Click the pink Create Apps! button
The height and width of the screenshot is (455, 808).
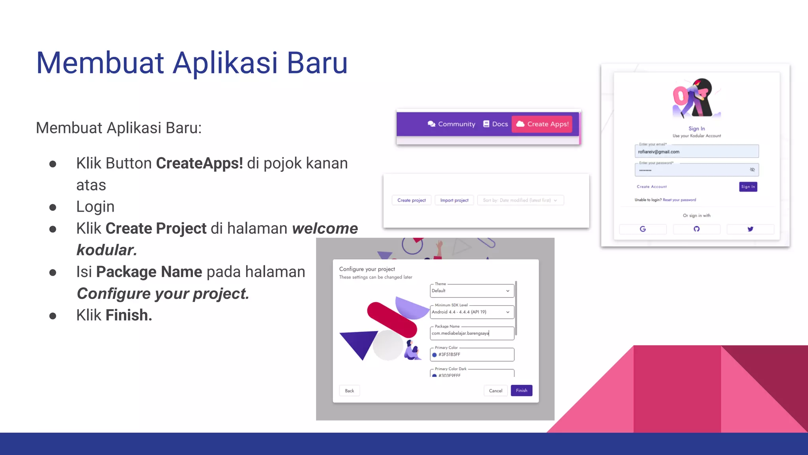(542, 124)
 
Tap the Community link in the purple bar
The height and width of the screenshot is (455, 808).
(451, 124)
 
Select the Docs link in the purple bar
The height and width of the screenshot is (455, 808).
(496, 124)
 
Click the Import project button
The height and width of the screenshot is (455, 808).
(454, 200)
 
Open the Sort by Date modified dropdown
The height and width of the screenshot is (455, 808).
(520, 200)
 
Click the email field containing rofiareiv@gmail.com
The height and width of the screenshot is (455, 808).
(696, 152)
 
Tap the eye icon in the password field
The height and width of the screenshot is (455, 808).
(752, 170)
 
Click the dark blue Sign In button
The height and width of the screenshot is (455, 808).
(748, 187)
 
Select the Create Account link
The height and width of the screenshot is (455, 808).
(651, 187)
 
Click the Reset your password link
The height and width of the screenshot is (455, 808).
(679, 200)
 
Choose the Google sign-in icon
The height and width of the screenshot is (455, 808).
(643, 229)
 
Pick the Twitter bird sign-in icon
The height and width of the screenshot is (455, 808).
(750, 229)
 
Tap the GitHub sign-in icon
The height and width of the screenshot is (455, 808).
(696, 229)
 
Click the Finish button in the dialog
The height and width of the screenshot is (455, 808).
(521, 391)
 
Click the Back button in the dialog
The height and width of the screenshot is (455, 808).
(349, 391)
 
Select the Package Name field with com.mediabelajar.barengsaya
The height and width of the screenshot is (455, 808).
(471, 333)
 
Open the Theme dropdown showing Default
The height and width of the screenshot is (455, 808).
(471, 291)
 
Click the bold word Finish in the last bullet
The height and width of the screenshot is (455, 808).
(128, 316)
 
